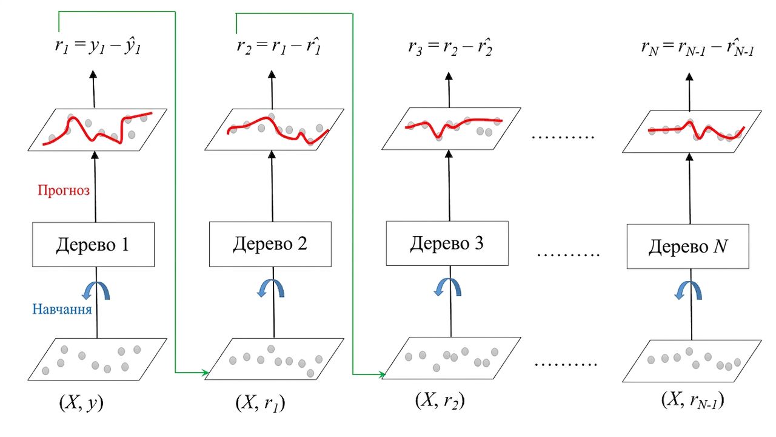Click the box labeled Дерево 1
point(93,245)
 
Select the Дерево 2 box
point(270,244)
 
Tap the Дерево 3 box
point(447,243)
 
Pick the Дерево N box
point(688,246)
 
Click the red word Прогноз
point(64,190)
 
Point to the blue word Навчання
point(62,309)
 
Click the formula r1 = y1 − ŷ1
point(98,46)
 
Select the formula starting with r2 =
point(279,46)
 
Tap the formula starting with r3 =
point(450,47)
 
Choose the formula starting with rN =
point(697,48)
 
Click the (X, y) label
point(81,403)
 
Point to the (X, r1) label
point(261,403)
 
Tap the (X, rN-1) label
point(693,401)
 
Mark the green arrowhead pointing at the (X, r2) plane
point(382,374)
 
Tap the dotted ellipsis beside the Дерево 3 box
point(568,255)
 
